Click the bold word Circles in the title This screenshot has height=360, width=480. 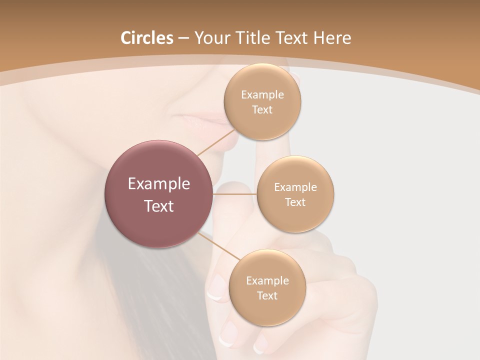pos(146,38)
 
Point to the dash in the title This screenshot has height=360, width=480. pos(183,38)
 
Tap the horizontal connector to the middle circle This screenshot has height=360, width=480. pos(234,194)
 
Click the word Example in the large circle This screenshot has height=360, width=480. pos(159,184)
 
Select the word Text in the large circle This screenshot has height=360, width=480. pos(159,206)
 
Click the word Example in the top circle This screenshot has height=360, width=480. pos(262,95)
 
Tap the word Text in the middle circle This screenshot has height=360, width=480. pos(295,202)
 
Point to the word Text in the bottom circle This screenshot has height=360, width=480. pos(267,296)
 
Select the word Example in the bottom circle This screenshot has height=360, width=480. pos(267,281)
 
